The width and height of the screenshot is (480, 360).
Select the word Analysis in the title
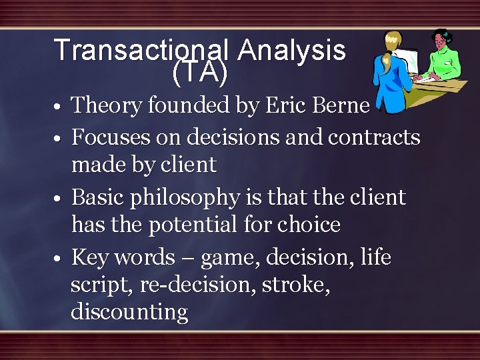pos(291,50)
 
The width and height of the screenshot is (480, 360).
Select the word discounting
pos(129,311)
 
